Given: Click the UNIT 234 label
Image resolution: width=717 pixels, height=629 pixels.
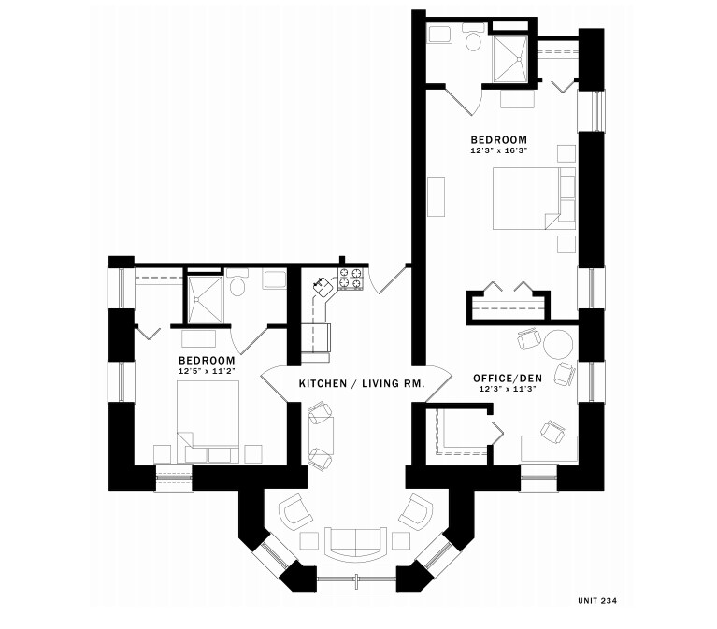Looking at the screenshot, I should click(x=597, y=599).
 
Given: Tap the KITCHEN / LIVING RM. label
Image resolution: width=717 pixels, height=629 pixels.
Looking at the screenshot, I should click(x=362, y=383).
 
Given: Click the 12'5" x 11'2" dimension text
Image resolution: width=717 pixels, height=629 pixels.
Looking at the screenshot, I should click(x=206, y=372).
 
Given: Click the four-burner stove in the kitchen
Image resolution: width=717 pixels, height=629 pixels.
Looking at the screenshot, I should click(x=351, y=279).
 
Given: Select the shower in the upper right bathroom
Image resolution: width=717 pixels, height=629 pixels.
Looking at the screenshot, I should click(x=510, y=57).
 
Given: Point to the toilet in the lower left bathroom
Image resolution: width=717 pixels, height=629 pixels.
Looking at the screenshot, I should click(x=238, y=286).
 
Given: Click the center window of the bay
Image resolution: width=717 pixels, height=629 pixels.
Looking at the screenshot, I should click(x=356, y=579).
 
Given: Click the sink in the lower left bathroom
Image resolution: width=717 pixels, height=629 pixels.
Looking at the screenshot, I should click(x=274, y=279).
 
